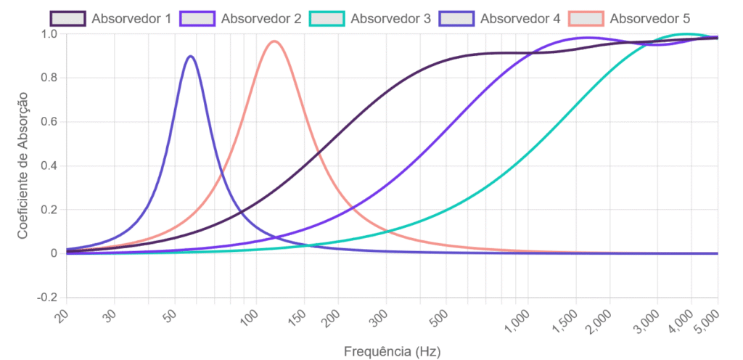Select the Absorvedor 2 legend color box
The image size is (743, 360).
(x=197, y=18)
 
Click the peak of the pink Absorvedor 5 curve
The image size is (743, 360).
(x=274, y=41)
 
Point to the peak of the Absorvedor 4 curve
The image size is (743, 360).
(x=190, y=56)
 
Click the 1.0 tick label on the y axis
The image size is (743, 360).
(x=49, y=34)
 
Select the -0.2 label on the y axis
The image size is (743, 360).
(x=46, y=298)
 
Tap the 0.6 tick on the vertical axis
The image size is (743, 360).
(x=49, y=122)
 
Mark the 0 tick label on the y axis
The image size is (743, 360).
(x=54, y=253)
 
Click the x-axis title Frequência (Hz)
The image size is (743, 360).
(x=392, y=351)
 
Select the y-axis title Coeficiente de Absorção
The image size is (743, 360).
(x=22, y=165)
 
